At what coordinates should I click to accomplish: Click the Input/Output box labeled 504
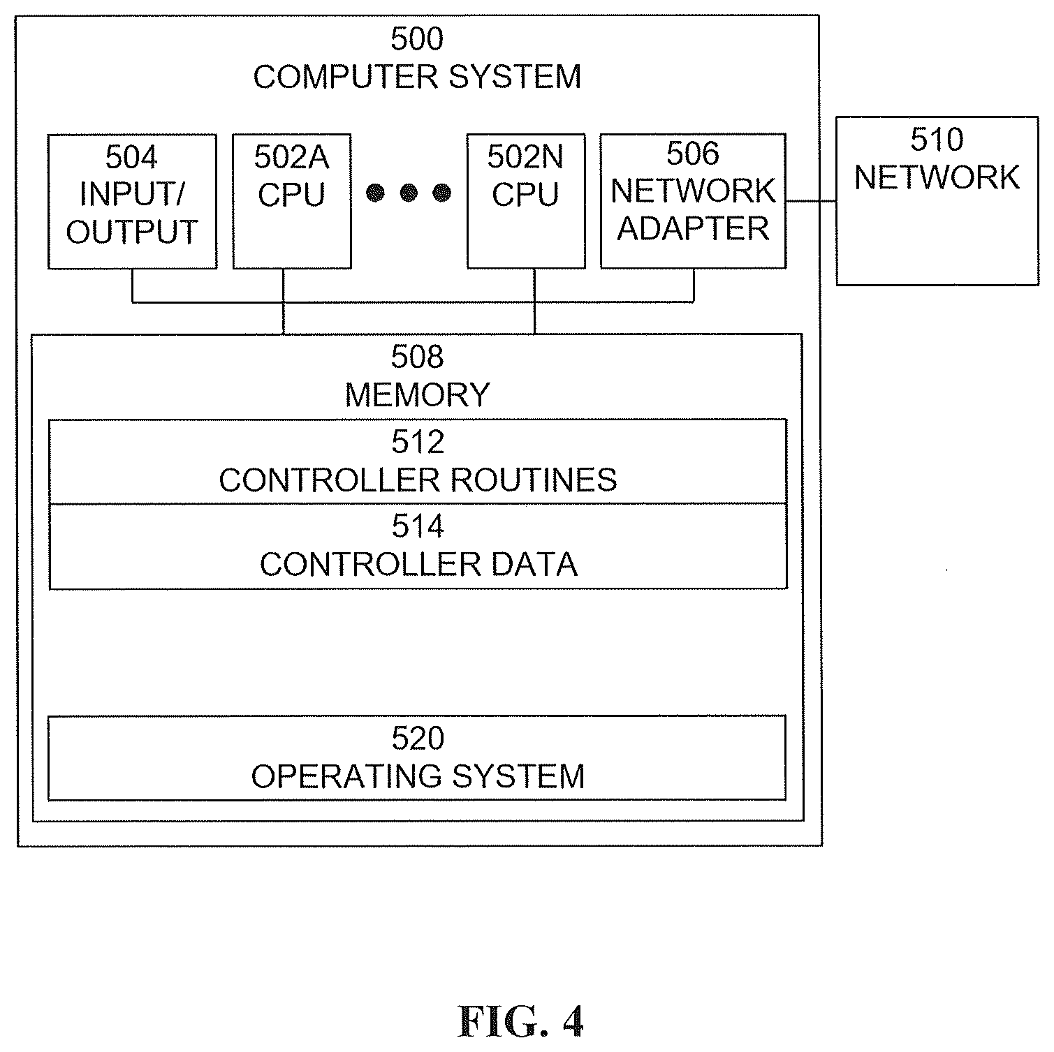(132, 202)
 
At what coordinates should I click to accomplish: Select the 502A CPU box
(292, 202)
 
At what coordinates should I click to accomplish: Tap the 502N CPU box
(526, 202)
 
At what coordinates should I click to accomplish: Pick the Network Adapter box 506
(694, 202)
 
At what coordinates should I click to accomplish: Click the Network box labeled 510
(937, 201)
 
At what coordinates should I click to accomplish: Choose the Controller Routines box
(418, 461)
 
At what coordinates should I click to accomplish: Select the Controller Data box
(418, 547)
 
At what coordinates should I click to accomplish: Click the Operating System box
(417, 758)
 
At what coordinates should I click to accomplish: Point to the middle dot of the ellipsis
(409, 193)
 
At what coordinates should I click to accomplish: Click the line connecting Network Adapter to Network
(811, 201)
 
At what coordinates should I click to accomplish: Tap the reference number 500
(417, 40)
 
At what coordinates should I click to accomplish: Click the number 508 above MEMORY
(417, 357)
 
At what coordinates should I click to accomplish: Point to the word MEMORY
(417, 395)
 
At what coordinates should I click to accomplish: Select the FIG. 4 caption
(520, 1022)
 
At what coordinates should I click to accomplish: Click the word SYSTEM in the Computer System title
(514, 77)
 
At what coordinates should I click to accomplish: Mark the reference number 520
(418, 739)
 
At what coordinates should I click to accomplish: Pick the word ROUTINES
(534, 480)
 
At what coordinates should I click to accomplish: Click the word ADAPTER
(693, 229)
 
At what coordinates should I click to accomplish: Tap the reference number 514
(418, 526)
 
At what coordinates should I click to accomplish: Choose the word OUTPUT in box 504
(132, 232)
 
